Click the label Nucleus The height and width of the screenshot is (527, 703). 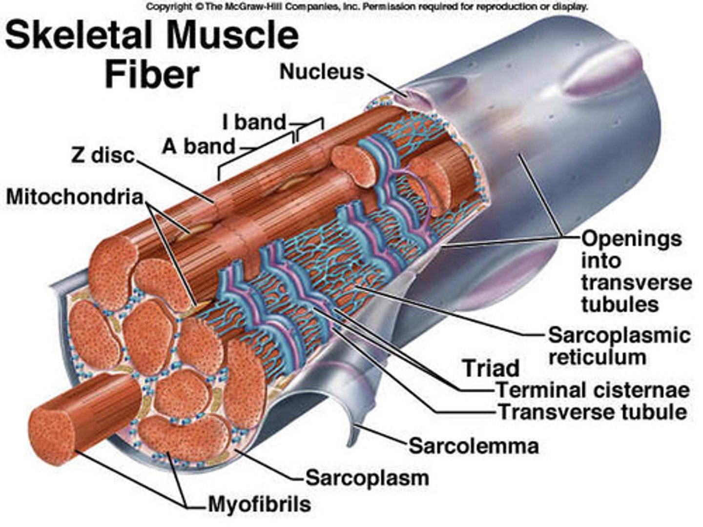pyautogui.click(x=322, y=72)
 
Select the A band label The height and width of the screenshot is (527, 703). pyautogui.click(x=199, y=146)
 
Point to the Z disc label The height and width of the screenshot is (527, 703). pyautogui.click(x=103, y=155)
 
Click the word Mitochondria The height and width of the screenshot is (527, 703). pyautogui.click(x=75, y=197)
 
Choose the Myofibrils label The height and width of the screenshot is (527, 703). pyautogui.click(x=259, y=504)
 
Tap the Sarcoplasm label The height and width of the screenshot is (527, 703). pyautogui.click(x=367, y=477)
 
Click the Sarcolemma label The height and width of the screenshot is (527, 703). pyautogui.click(x=474, y=446)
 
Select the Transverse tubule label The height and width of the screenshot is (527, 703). pyautogui.click(x=592, y=412)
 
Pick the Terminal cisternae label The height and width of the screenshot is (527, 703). pyautogui.click(x=593, y=389)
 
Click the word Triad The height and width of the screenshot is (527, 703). pyautogui.click(x=490, y=367)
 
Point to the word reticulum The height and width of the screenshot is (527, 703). pyautogui.click(x=597, y=357)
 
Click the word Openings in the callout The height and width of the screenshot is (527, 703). pyautogui.click(x=631, y=239)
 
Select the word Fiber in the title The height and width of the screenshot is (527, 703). pyautogui.click(x=152, y=74)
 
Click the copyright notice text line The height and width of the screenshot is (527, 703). pyautogui.click(x=367, y=7)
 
